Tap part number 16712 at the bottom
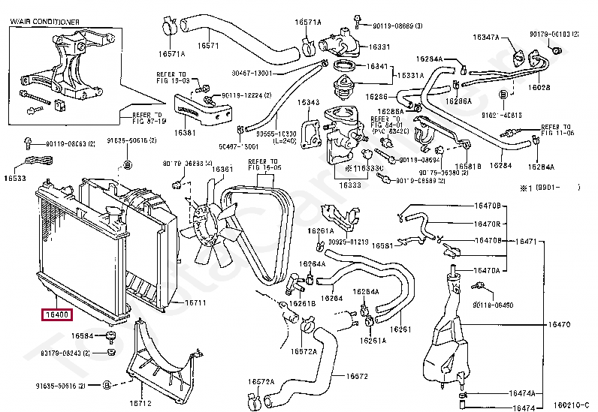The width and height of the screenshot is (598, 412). click(140, 402)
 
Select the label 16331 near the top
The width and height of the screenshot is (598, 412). click(379, 47)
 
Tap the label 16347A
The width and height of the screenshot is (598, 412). click(486, 36)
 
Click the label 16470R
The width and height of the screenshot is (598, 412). click(488, 224)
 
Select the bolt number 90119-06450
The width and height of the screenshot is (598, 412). click(494, 305)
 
